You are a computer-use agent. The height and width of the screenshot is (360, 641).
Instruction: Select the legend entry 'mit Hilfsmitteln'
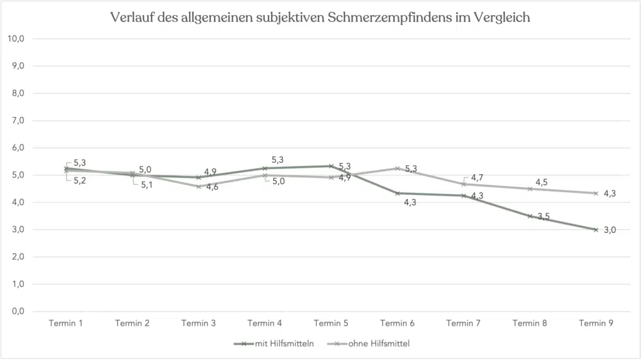282,343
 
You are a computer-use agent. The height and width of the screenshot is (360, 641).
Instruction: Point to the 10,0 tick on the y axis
16,39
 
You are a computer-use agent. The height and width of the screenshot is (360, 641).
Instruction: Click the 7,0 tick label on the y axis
16,121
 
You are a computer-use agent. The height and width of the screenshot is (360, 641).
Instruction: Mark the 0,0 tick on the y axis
16,311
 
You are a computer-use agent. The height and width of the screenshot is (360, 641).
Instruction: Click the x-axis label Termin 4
265,323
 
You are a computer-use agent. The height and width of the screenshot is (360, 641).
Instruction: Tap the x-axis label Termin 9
596,323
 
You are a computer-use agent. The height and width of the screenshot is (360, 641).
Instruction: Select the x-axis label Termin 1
66,323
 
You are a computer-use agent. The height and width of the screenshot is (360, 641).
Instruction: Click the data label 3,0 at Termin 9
610,230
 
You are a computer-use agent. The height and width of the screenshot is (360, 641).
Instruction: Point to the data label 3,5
543,217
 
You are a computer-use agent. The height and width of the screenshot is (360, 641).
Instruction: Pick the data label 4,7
476,178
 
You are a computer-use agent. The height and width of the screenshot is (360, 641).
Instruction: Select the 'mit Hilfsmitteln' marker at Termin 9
596,230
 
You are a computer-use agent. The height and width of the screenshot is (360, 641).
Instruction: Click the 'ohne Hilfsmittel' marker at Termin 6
397,168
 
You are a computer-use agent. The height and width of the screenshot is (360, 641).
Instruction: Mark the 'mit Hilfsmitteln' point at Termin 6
397,193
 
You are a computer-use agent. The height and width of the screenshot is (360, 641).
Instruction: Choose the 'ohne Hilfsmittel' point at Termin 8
530,188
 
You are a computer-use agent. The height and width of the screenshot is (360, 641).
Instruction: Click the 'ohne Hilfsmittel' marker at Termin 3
198,186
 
